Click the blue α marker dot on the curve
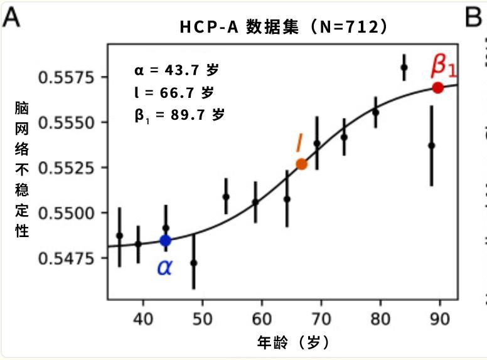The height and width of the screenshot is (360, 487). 166,240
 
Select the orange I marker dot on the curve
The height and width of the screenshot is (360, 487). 301,164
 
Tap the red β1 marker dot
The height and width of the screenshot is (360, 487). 437,88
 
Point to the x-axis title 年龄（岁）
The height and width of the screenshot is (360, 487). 293,342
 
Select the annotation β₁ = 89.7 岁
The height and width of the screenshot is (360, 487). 179,116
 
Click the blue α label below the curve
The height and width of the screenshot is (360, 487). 164,268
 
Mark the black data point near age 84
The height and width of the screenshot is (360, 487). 404,68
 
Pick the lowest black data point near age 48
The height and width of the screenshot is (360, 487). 194,262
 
